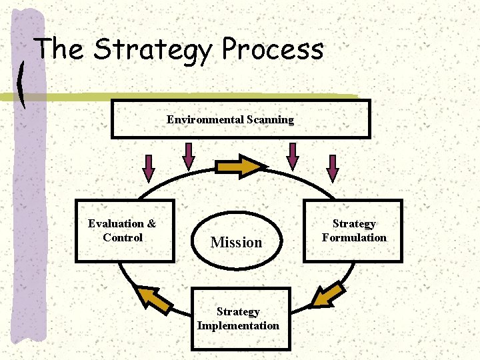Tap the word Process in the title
(273, 51)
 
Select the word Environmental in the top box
(204, 120)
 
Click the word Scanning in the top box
(270, 120)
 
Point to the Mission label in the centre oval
(236, 243)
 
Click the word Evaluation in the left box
(115, 224)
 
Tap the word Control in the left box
(123, 238)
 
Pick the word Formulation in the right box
(354, 238)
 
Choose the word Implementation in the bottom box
(238, 326)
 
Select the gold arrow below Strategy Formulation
(328, 295)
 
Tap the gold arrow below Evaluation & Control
(152, 299)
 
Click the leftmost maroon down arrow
(149, 168)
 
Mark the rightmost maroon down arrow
(333, 168)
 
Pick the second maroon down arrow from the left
(189, 156)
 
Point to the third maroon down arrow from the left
(292, 156)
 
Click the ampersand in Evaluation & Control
(151, 224)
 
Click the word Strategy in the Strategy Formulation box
(354, 224)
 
